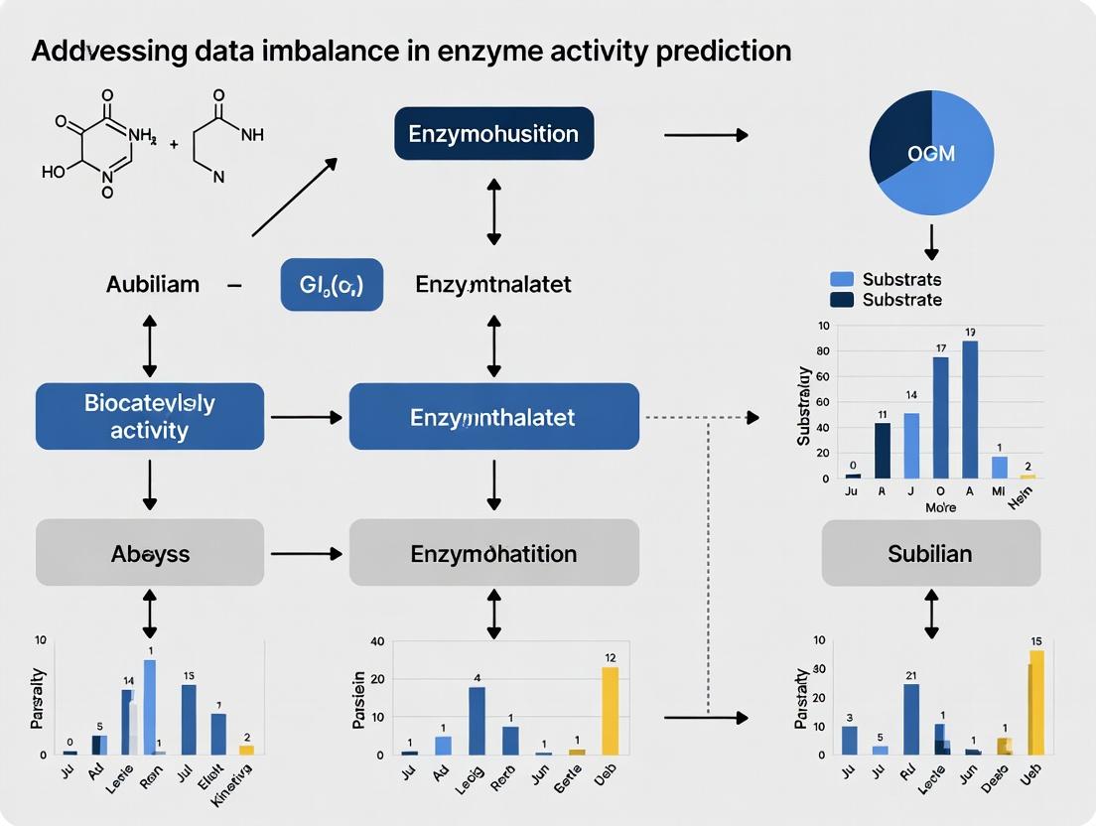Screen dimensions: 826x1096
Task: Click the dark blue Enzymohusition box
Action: pos(493,132)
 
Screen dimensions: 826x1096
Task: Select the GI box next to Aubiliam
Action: pos(332,284)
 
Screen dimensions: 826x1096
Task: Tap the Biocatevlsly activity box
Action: pos(150,417)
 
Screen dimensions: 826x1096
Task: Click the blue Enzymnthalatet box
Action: pos(493,417)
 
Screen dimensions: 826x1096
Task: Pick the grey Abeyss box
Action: pos(150,552)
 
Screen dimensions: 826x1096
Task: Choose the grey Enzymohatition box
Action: pos(493,552)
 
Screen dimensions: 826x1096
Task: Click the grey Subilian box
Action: pos(930,552)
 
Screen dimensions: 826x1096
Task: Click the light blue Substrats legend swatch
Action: pos(841,280)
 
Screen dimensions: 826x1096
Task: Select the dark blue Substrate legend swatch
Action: pos(841,300)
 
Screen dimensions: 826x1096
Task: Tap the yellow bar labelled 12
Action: pos(610,710)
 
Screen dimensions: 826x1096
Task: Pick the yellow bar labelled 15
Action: pos(1036,702)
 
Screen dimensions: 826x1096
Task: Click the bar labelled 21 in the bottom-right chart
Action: pos(910,719)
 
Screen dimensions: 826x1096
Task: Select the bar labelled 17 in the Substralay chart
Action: pos(940,417)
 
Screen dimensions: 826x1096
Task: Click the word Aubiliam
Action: pos(153,285)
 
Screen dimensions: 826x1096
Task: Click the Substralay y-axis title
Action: pos(805,405)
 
